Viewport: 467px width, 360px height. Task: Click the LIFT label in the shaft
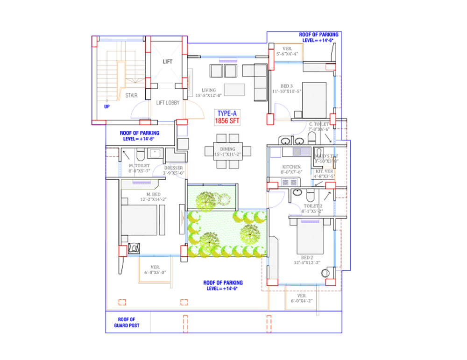168,62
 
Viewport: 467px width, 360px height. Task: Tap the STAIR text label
131,96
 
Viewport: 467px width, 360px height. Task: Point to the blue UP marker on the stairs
107,106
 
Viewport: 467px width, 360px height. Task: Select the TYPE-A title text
227,113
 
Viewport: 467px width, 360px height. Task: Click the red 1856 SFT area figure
227,121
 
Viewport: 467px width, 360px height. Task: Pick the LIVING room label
209,91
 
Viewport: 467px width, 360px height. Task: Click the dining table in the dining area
228,151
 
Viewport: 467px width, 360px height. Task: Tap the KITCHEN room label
291,167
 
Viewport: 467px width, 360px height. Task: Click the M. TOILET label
140,166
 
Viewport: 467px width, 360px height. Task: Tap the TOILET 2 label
312,205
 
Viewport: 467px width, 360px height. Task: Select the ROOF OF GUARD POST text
126,323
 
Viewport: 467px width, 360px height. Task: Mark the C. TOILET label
319,124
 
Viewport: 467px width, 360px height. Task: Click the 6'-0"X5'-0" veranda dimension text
155,272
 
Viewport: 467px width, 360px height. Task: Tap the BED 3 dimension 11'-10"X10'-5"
288,91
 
